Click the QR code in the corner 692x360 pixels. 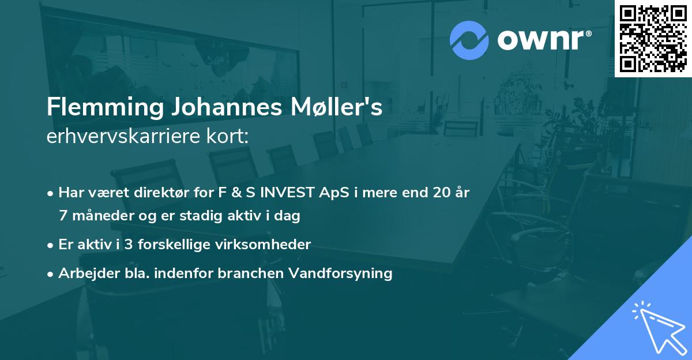pos(653,38)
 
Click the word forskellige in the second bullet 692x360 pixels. pos(176,245)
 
